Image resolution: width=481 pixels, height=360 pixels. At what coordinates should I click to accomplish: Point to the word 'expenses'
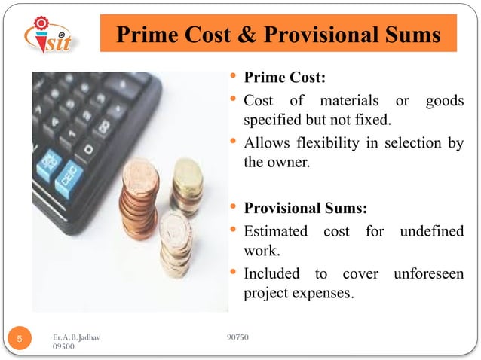point(320,291)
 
